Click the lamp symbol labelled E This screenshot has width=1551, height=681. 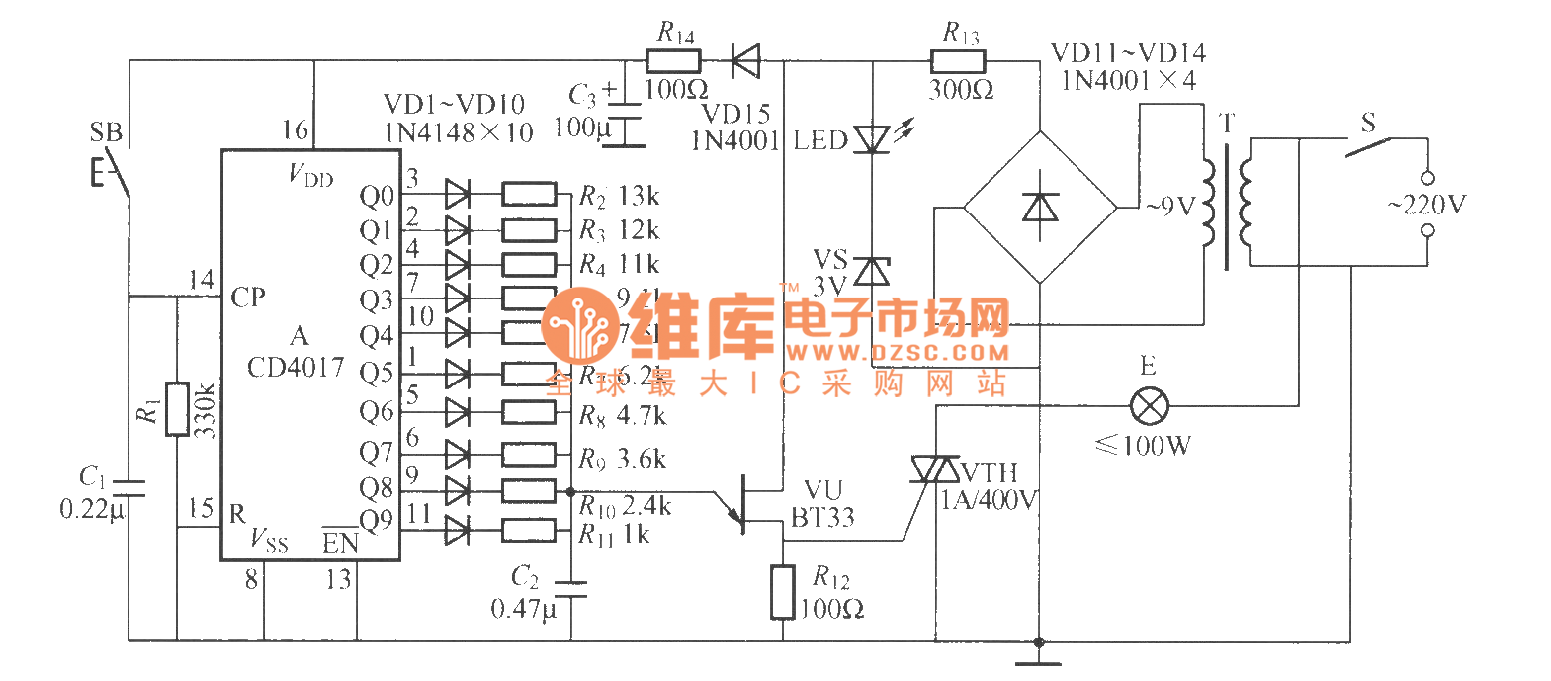pyautogui.click(x=1149, y=405)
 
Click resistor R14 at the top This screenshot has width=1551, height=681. pyautogui.click(x=674, y=62)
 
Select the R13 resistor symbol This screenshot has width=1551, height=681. pyautogui.click(x=958, y=62)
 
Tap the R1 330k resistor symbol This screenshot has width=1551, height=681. pyautogui.click(x=177, y=408)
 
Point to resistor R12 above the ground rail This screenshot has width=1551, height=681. pyautogui.click(x=783, y=591)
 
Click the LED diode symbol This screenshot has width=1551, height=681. pyautogui.click(x=871, y=138)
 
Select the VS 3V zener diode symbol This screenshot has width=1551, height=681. pyautogui.click(x=871, y=270)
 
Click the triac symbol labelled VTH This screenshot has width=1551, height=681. pyautogui.click(x=935, y=469)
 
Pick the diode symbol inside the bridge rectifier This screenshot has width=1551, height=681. pyautogui.click(x=1040, y=208)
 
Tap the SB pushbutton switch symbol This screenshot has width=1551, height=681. pyautogui.click(x=114, y=173)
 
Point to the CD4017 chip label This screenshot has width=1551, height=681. pyautogui.click(x=296, y=368)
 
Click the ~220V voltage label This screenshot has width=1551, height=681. pyautogui.click(x=1426, y=205)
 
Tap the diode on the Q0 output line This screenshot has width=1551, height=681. pyautogui.click(x=457, y=194)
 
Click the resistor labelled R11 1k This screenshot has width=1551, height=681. pyautogui.click(x=529, y=530)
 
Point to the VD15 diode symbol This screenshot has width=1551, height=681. pyautogui.click(x=745, y=62)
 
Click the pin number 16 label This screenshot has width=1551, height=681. pyautogui.click(x=295, y=130)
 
